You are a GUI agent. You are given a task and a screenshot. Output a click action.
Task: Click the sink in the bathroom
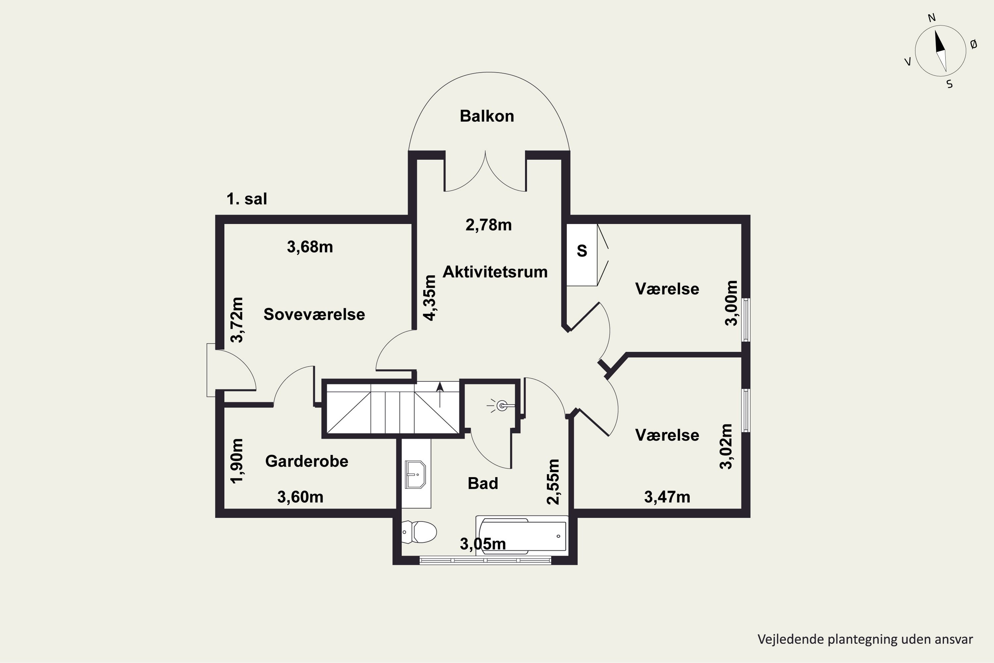(x=415, y=474)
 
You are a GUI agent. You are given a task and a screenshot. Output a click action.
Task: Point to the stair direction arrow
(x=440, y=393)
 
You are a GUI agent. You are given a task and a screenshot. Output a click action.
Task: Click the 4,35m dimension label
(x=430, y=298)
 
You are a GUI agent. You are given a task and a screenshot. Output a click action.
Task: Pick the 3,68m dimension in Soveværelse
(x=310, y=247)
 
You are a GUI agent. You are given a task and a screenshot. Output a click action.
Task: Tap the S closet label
(x=582, y=251)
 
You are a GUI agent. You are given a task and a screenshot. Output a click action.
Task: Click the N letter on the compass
(x=931, y=18)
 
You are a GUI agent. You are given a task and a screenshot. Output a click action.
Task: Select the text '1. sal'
(x=247, y=199)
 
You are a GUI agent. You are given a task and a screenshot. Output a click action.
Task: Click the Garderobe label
(x=306, y=461)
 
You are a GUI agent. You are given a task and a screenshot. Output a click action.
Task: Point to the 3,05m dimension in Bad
(x=483, y=544)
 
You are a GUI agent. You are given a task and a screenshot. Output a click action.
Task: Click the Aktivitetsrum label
(x=495, y=272)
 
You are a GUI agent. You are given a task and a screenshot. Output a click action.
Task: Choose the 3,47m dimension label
(x=667, y=497)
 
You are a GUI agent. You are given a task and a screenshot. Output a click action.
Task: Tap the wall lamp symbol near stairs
(x=501, y=406)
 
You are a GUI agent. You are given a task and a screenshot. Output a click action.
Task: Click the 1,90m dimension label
(x=237, y=460)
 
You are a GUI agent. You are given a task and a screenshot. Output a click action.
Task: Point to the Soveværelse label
(x=314, y=314)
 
